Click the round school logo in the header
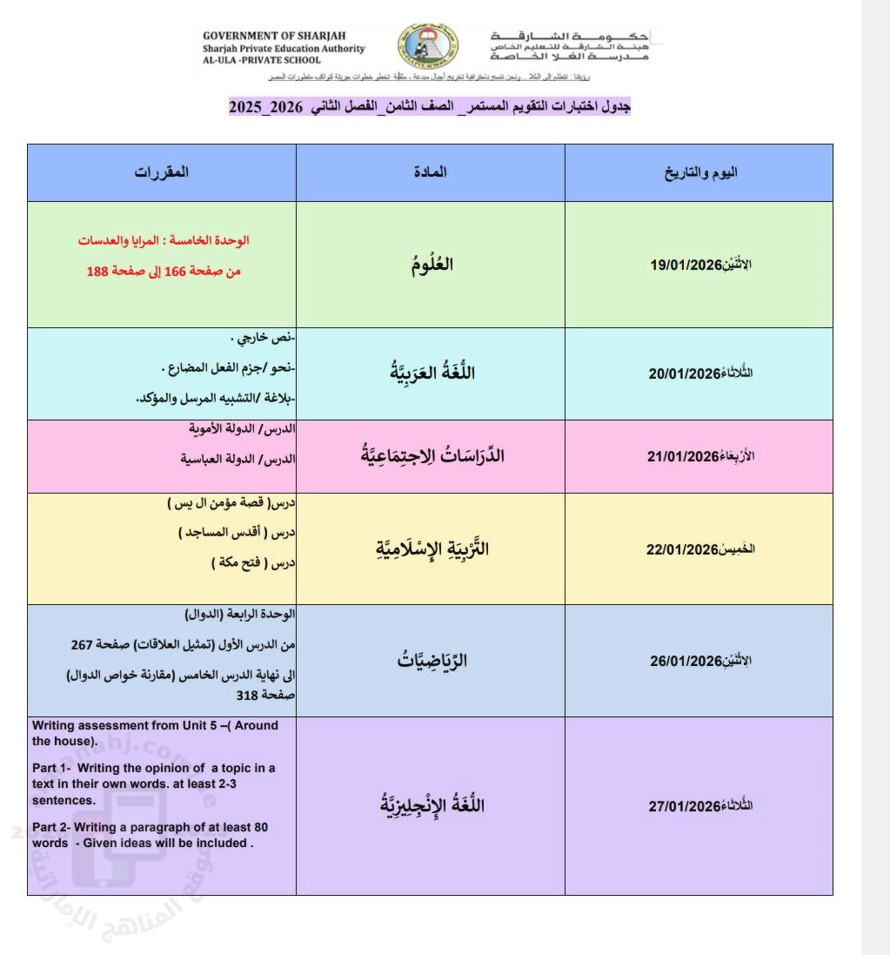coord(428,48)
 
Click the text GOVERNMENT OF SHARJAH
coord(258,37)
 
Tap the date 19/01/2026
coord(687,266)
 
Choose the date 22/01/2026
coord(680,549)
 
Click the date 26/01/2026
coord(686,661)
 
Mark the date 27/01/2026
coord(684,806)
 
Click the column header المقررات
coord(162,172)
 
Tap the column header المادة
coord(430,172)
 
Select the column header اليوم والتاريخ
coord(700,172)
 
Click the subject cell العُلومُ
coord(431,266)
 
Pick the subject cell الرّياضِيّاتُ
coord(431,661)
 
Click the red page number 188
coord(97,272)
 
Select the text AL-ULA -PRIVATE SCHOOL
coord(262,60)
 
